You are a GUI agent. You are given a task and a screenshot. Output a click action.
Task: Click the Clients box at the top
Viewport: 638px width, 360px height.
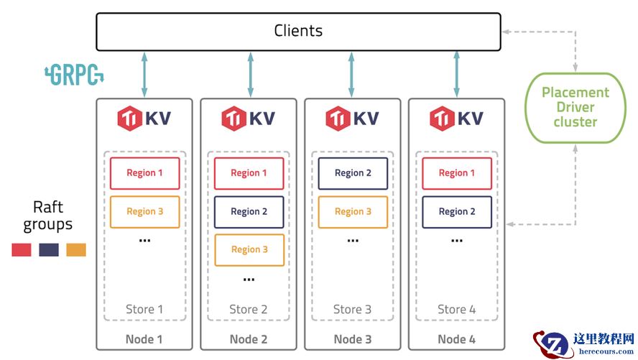point(298,32)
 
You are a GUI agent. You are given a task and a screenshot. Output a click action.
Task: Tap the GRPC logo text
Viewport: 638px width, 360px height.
point(75,75)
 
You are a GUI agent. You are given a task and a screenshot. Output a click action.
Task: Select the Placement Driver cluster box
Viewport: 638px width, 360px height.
point(575,107)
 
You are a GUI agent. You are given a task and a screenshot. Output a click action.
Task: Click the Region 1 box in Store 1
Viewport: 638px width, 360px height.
point(144,173)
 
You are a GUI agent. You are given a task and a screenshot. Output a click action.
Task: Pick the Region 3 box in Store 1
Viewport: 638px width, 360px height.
point(144,211)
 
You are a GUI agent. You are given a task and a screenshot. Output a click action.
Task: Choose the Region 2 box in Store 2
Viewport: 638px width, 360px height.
point(249,211)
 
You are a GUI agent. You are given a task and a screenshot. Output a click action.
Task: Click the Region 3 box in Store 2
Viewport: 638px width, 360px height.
point(249,249)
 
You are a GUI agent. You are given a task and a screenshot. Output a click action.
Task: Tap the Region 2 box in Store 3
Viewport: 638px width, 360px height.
point(353,173)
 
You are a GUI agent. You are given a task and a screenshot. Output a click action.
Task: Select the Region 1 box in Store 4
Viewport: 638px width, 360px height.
point(456,173)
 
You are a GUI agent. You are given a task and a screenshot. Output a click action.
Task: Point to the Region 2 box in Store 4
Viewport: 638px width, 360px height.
point(456,211)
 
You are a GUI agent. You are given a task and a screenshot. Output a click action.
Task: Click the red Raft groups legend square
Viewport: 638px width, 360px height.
point(22,250)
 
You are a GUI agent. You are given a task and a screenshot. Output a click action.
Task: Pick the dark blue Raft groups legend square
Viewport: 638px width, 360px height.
point(49,250)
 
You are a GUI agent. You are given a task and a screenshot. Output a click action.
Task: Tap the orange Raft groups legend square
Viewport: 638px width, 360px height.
point(76,250)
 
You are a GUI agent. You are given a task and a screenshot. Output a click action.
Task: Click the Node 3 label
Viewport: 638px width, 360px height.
point(352,339)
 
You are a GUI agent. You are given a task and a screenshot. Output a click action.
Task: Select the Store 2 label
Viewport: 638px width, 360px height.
point(249,310)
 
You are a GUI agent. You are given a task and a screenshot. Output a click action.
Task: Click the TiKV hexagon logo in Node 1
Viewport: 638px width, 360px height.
point(130,118)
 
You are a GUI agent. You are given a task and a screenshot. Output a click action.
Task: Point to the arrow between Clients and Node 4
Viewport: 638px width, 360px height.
point(456,74)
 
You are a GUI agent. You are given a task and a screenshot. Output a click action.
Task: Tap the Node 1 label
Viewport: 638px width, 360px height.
point(144,339)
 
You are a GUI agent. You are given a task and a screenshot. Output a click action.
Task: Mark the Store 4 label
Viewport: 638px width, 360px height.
point(456,310)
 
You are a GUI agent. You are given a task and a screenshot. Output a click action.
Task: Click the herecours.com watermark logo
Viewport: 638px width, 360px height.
point(583,343)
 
